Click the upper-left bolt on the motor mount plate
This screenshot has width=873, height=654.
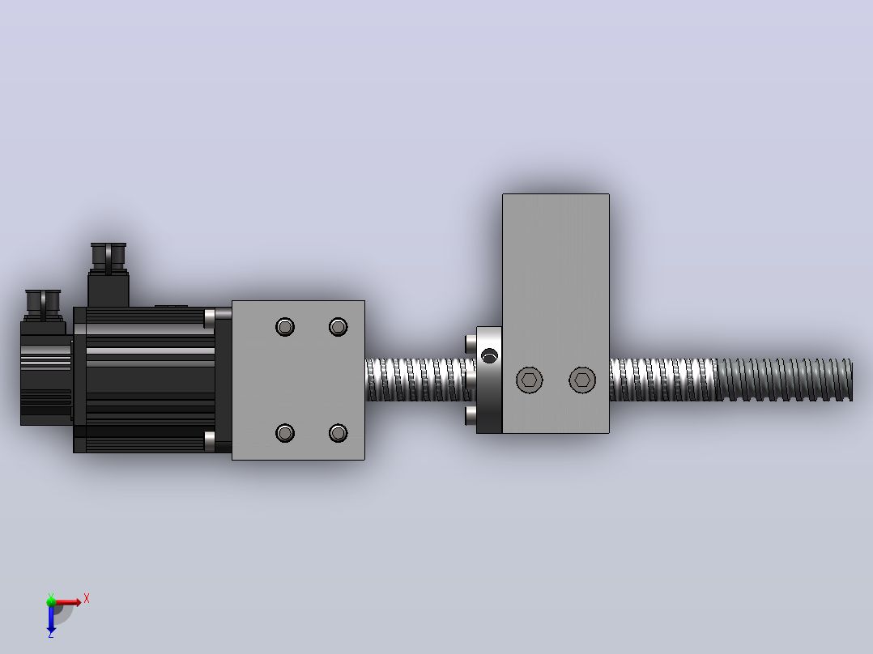(285, 327)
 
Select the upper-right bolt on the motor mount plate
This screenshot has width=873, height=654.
(338, 327)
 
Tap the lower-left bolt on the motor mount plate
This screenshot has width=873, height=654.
(285, 432)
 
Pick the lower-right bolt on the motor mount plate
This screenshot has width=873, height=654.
(338, 432)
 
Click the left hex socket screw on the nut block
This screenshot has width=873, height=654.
(530, 380)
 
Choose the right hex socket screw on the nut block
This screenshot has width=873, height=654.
(582, 380)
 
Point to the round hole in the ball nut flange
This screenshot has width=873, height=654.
(489, 355)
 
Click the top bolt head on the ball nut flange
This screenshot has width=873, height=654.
(471, 343)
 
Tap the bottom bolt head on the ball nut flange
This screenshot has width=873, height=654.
(471, 416)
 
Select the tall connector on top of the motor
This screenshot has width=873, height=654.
(109, 274)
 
